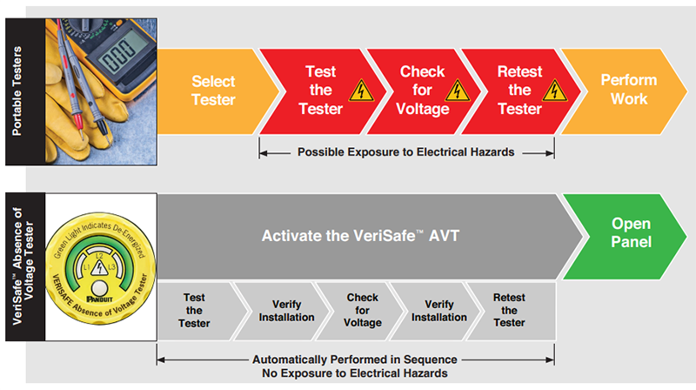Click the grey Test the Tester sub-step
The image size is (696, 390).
pyautogui.click(x=195, y=310)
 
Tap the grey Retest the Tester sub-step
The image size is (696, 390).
pyautogui.click(x=509, y=310)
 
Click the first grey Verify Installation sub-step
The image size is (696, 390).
pyautogui.click(x=280, y=310)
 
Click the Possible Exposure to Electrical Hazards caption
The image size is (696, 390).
pyautogui.click(x=406, y=151)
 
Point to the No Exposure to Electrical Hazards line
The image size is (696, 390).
pyautogui.click(x=355, y=373)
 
